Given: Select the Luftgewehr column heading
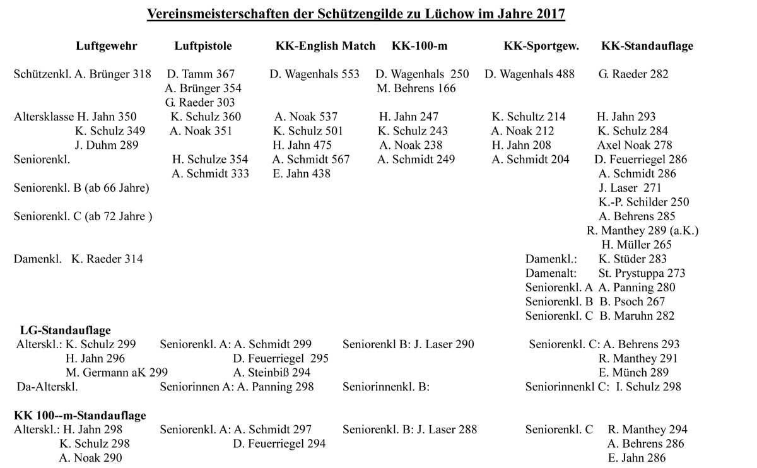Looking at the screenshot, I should click(x=106, y=46).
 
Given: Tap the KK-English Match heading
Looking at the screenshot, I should click(x=326, y=46).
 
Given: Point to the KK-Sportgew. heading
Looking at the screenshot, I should click(x=541, y=46).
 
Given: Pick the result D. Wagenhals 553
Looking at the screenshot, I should click(x=315, y=74).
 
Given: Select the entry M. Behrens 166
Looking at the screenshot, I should click(x=416, y=88).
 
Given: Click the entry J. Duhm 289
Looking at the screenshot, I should click(x=106, y=145).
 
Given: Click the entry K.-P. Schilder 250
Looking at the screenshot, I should click(x=644, y=202).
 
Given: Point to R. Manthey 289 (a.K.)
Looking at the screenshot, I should click(x=642, y=230).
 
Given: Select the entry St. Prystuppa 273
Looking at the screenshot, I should click(x=642, y=273).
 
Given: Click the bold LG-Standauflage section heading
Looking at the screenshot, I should click(x=66, y=330).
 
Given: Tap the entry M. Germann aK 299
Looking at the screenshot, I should click(x=117, y=373).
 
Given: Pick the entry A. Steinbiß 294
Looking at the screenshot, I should click(x=272, y=373).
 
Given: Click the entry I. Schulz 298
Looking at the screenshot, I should click(x=648, y=387).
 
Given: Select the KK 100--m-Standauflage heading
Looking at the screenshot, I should click(x=80, y=416).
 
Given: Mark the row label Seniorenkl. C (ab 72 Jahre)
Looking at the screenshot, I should click(x=83, y=216).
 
